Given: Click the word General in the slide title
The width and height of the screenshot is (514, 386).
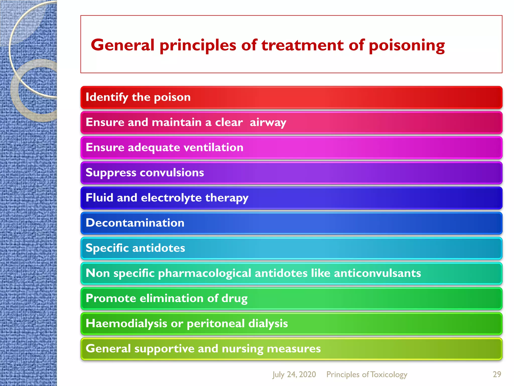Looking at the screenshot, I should point(122,45).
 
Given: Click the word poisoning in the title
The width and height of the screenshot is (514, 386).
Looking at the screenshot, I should point(407,46).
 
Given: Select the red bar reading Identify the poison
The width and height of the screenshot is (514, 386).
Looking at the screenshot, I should point(291,98).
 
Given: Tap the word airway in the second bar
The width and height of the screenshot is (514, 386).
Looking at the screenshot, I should point(268,123).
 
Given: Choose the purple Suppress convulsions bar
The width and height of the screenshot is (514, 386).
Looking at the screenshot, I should point(291,173).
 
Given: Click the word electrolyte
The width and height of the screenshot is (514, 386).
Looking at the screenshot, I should point(171,198).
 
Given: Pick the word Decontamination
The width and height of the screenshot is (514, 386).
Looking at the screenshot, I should point(135,223).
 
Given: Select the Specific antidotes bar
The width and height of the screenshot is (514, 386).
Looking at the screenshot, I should point(291,248).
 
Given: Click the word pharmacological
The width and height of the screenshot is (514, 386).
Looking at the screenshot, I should point(205,273).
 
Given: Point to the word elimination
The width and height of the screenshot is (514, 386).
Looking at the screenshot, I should point(171,298).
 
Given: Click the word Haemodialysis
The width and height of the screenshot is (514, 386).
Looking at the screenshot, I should point(126,323).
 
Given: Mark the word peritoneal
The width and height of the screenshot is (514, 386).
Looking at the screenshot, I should point(216,324).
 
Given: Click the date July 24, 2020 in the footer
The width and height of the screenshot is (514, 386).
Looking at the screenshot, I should point(294,374).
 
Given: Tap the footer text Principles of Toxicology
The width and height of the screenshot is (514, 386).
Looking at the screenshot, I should point(367,374).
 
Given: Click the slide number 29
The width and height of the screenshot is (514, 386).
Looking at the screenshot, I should point(497,374).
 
